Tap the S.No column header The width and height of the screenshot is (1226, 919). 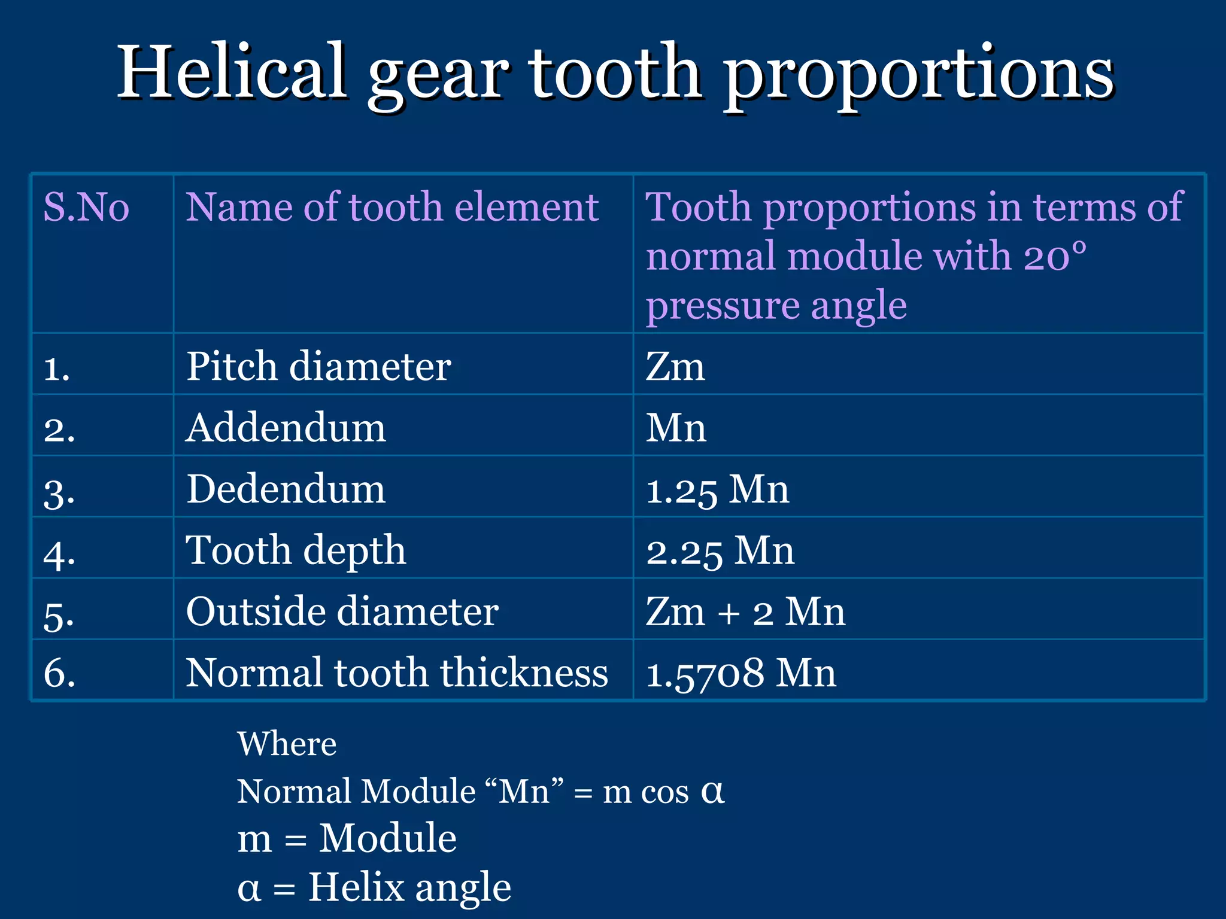86,208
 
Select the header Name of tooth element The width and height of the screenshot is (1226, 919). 392,208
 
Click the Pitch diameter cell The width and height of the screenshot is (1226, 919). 318,366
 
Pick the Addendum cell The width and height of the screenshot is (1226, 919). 286,428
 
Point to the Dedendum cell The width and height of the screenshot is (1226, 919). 286,489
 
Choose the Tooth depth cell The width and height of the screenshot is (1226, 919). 296,550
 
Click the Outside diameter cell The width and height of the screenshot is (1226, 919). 342,611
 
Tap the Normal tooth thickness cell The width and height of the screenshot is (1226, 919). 397,672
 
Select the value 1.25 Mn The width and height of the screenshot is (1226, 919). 717,489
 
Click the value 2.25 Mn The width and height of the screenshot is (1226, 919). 720,550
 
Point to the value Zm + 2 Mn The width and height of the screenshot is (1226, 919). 745,612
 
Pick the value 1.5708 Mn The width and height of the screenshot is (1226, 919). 741,673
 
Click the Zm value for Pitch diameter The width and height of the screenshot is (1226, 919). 675,367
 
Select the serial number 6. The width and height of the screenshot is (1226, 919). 59,673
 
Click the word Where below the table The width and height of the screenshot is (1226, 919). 287,744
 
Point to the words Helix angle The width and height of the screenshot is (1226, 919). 409,887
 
